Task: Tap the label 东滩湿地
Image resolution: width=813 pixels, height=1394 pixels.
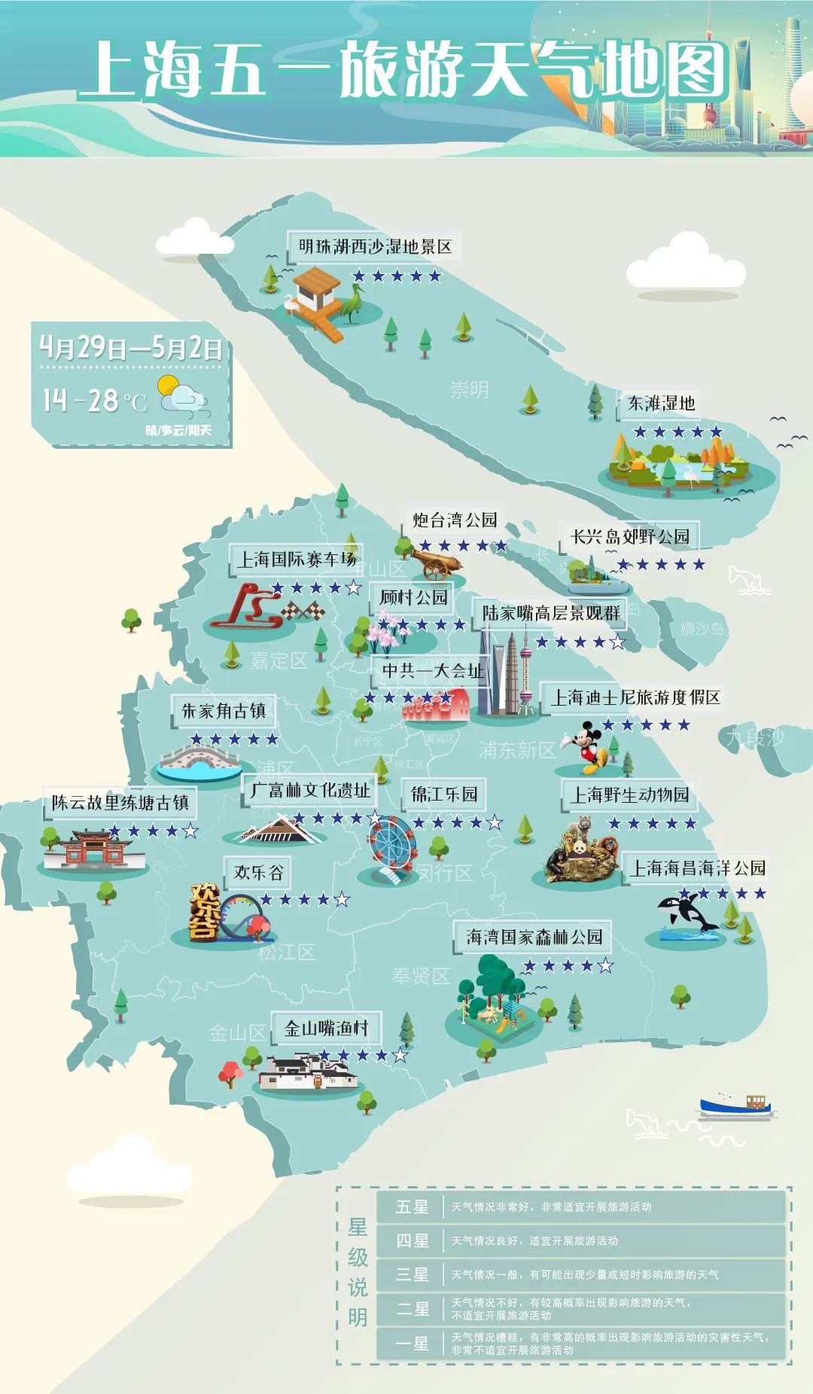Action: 661,404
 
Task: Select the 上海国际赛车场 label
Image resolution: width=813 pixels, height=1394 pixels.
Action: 296,560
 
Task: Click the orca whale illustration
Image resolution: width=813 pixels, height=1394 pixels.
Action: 687,914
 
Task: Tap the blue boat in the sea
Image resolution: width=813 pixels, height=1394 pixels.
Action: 735,1105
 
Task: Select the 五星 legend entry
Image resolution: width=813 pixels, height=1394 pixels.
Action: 413,1207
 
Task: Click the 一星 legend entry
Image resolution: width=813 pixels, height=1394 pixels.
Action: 413,1344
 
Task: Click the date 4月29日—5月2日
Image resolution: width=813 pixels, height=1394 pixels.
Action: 131,348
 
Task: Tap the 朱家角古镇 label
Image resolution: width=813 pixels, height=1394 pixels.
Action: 224,711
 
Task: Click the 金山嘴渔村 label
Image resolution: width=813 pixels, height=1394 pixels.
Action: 326,1028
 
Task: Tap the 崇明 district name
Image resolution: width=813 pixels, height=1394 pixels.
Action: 469,389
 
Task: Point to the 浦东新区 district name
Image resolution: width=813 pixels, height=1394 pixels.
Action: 517,750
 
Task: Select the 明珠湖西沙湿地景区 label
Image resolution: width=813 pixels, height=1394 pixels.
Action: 375,247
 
